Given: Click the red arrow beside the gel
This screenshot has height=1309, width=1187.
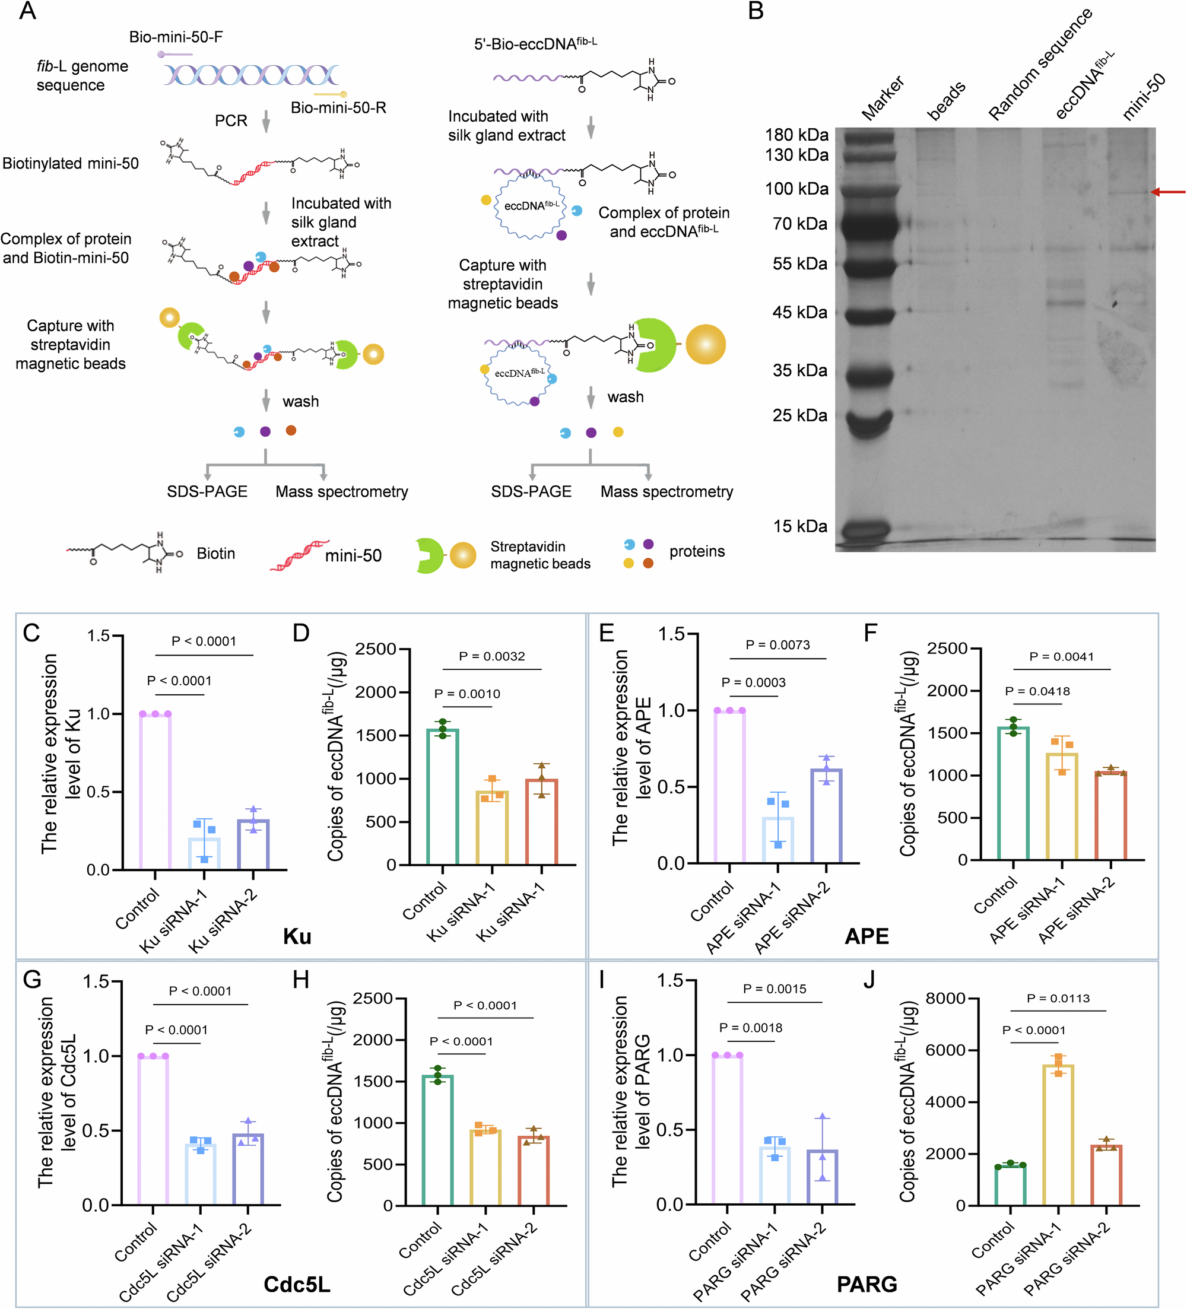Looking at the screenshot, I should (x=1167, y=192).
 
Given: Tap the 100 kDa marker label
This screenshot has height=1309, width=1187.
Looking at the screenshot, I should (x=796, y=189).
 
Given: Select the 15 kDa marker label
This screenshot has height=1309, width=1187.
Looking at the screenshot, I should (x=799, y=526).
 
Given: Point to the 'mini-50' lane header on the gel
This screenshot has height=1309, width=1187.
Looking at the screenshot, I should (x=1144, y=97).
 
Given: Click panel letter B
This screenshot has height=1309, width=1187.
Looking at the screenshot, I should (x=756, y=11).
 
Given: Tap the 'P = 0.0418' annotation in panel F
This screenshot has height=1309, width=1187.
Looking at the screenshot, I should (x=1037, y=691).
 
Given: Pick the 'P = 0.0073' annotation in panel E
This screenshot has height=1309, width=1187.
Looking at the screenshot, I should (x=777, y=645).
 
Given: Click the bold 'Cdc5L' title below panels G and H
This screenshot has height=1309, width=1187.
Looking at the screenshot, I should (x=297, y=1283).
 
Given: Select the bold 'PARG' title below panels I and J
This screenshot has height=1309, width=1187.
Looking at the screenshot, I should (x=867, y=1283).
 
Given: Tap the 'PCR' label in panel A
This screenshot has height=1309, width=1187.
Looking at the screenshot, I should (x=231, y=121).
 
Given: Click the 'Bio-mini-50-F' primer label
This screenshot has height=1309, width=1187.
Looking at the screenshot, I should (x=175, y=37).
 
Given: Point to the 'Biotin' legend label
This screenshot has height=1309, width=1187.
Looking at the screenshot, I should (x=215, y=553).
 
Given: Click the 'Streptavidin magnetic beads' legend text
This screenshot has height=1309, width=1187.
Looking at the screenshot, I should (x=539, y=555).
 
